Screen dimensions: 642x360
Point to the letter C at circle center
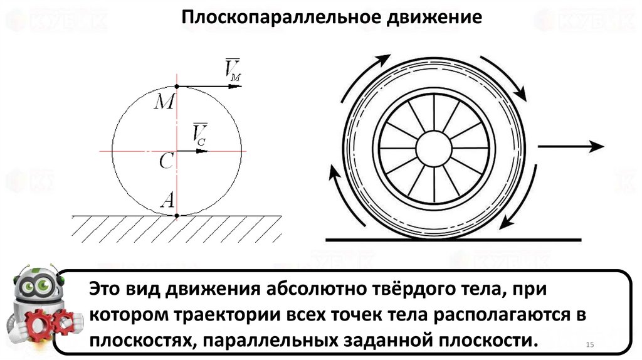click(x=166, y=162)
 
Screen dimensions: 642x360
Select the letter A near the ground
click(x=168, y=199)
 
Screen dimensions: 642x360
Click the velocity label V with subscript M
click(x=232, y=69)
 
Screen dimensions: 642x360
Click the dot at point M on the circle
click(x=177, y=86)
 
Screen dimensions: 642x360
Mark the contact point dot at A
click(x=177, y=215)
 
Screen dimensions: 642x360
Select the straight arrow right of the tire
click(x=571, y=146)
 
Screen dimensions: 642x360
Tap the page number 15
click(x=589, y=346)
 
